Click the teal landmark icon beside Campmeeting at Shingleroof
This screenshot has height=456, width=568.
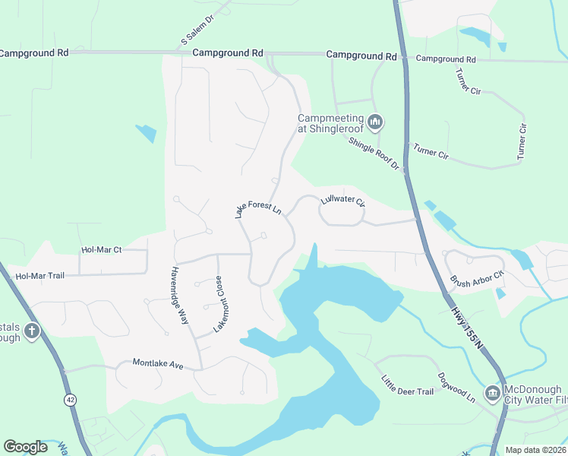click(375, 122)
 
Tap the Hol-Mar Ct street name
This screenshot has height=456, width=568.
click(102, 249)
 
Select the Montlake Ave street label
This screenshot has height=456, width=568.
click(158, 365)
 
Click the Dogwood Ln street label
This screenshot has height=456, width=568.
click(456, 387)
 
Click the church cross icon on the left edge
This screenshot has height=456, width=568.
click(31, 331)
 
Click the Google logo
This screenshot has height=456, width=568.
click(26, 447)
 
